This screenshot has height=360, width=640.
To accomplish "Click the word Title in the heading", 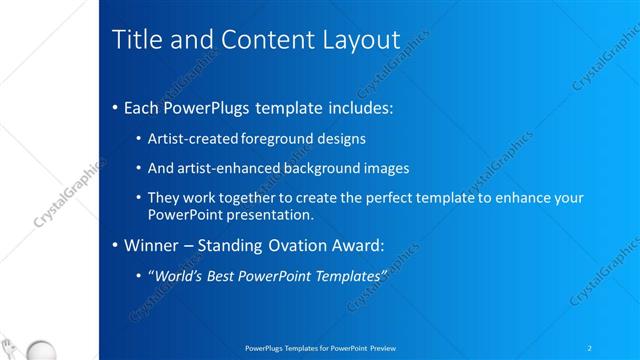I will [134, 41].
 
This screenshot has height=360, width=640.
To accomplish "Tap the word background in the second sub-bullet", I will [332, 168].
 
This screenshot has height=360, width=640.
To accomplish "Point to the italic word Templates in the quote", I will [349, 275].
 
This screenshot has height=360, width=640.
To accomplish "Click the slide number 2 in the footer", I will [590, 347].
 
